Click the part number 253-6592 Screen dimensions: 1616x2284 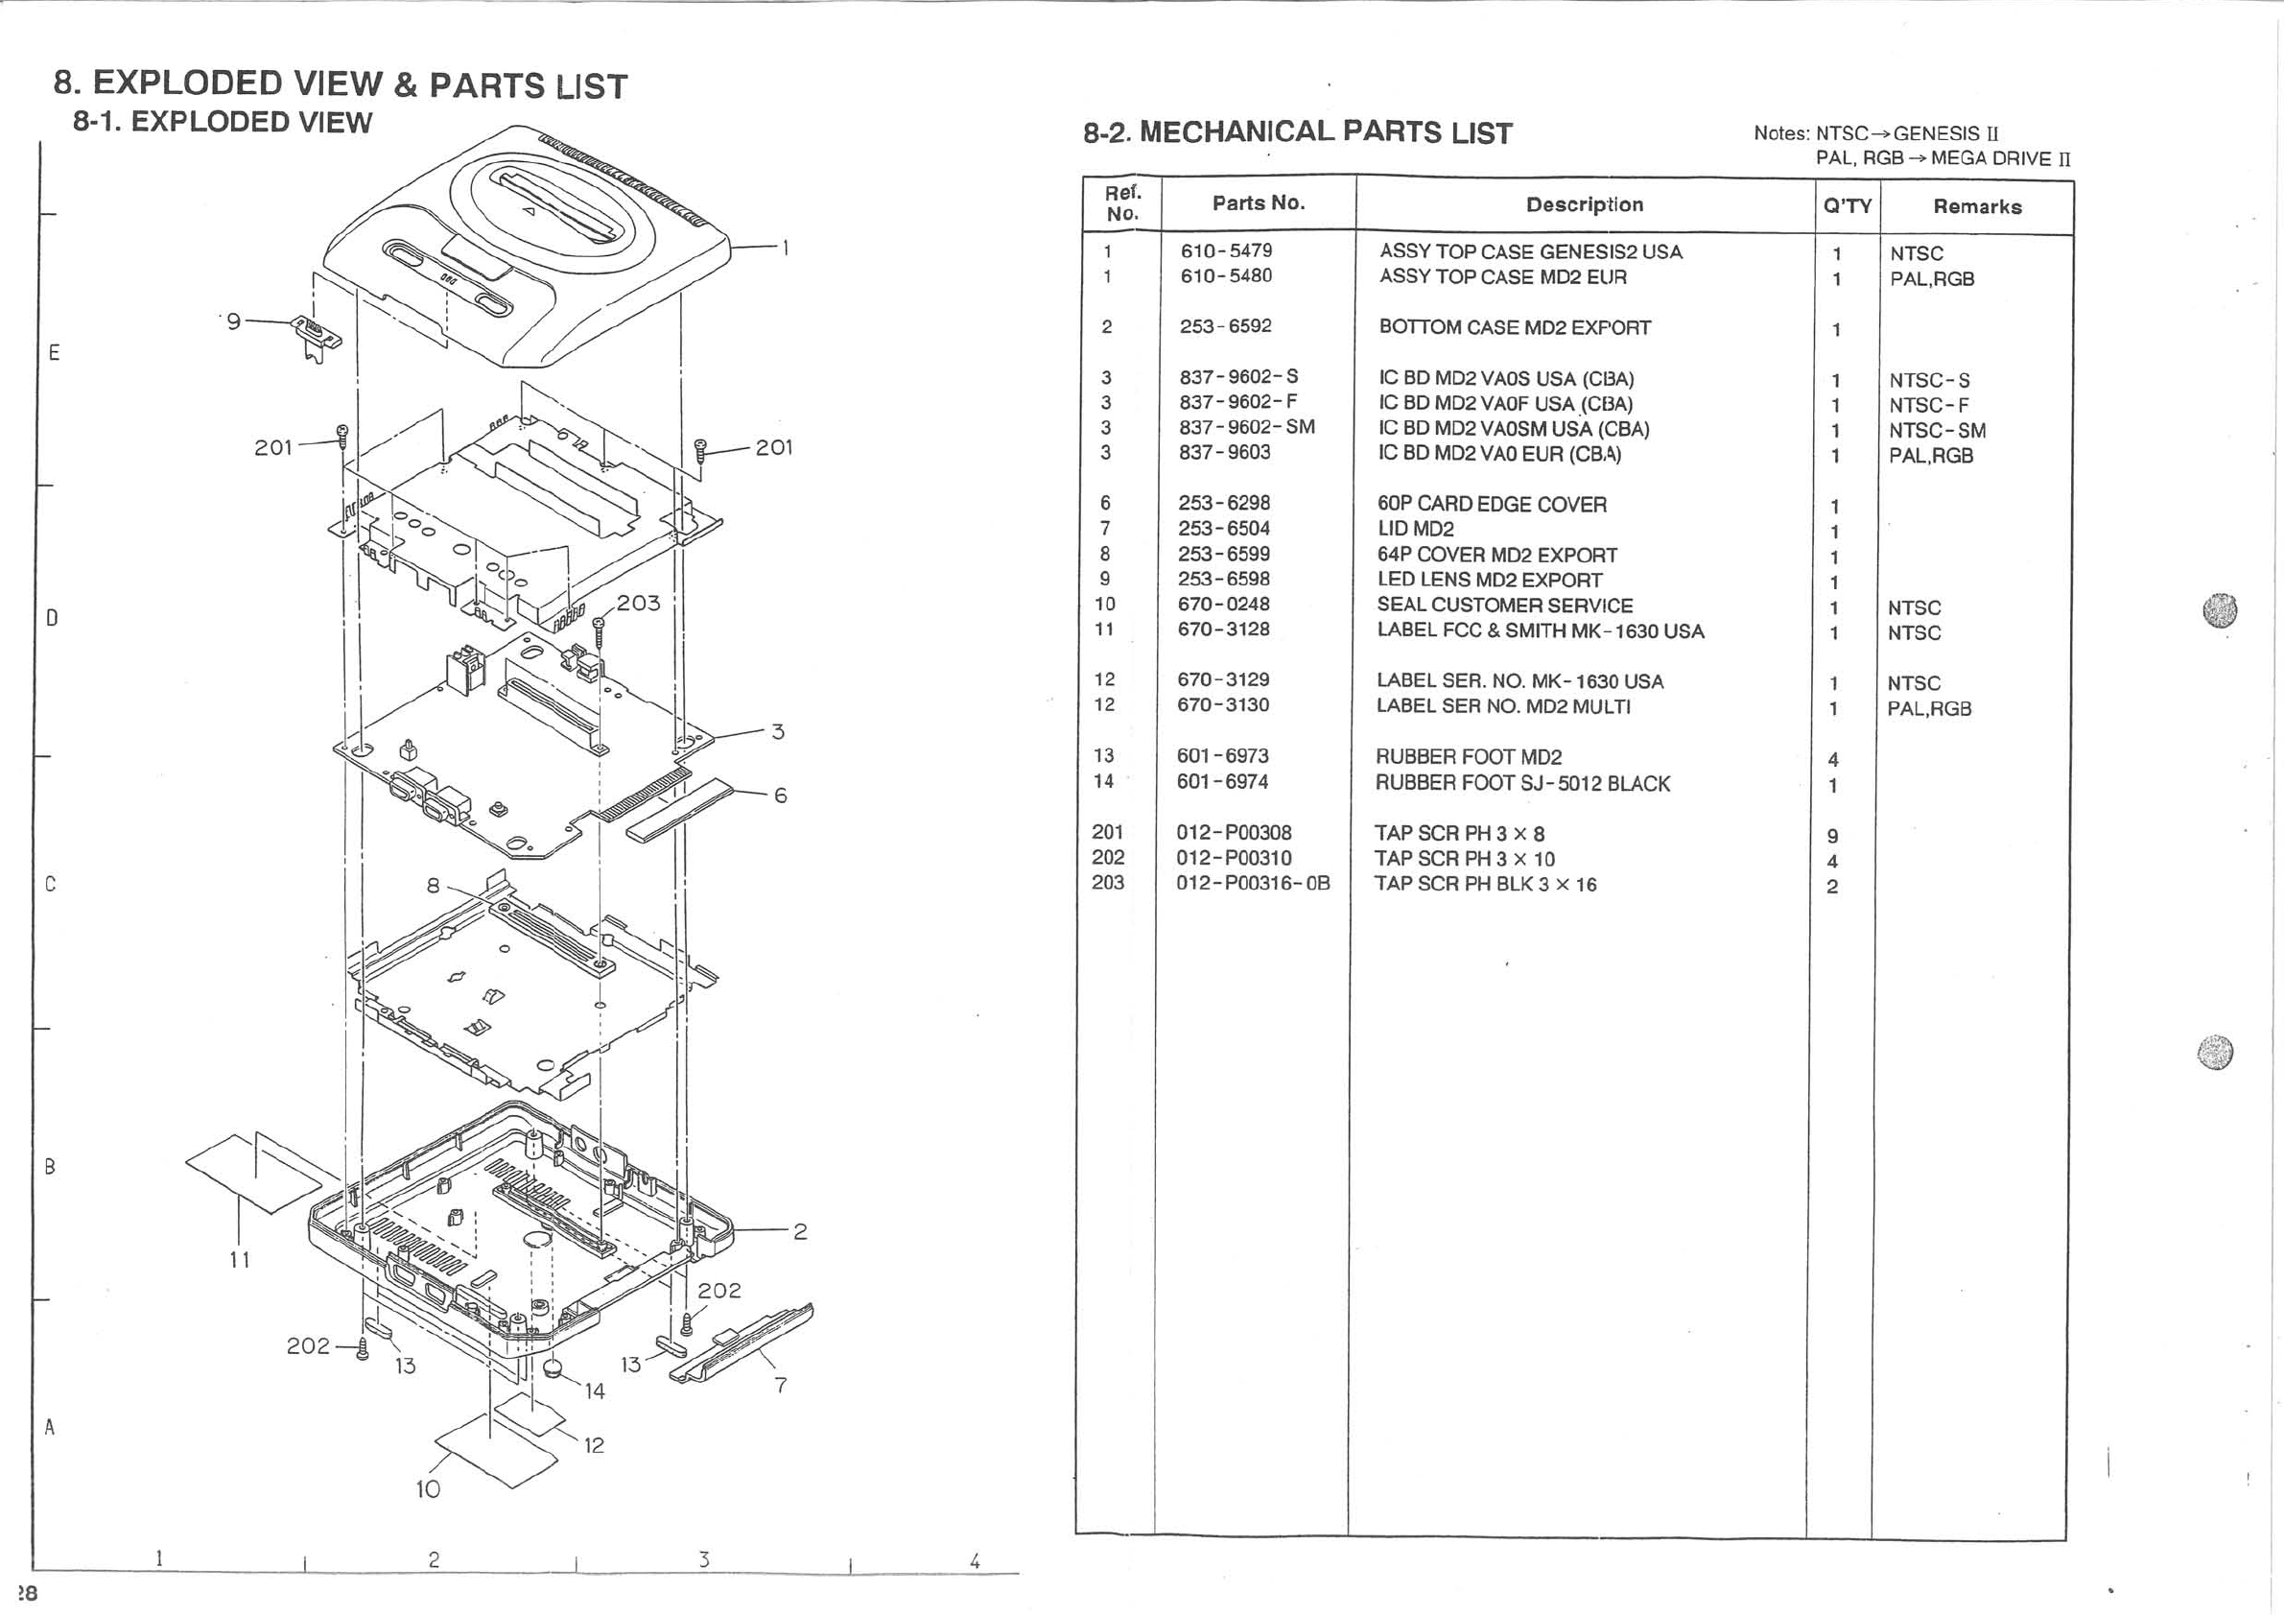pos(1225,326)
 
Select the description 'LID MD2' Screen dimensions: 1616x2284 pos(1415,530)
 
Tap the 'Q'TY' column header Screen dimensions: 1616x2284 pos(1847,206)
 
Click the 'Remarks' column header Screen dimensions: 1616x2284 pos(1977,207)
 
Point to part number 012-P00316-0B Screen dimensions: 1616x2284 pos(1253,884)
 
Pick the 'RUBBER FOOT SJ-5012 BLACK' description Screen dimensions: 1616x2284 pos(1522,783)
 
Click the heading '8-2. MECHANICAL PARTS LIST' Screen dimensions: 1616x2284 pos(1297,132)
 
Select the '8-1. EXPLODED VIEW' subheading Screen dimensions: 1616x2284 pos(222,123)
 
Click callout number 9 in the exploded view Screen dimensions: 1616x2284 pos(234,321)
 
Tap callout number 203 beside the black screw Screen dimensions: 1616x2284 pos(638,603)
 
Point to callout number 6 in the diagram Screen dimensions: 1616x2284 pos(780,796)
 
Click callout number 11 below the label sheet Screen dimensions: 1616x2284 pos(239,1260)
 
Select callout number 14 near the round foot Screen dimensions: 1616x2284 pos(594,1391)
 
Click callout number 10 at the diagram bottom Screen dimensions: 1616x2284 pos(428,1488)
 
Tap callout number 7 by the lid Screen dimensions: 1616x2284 pos(781,1385)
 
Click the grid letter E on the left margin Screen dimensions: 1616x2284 pos(54,352)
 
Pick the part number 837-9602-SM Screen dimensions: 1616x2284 pos(1246,428)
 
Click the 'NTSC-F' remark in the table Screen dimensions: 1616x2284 pos(1928,406)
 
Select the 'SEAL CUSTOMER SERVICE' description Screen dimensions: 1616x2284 pos(1504,605)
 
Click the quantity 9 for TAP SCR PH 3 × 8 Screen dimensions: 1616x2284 pos(1832,836)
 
